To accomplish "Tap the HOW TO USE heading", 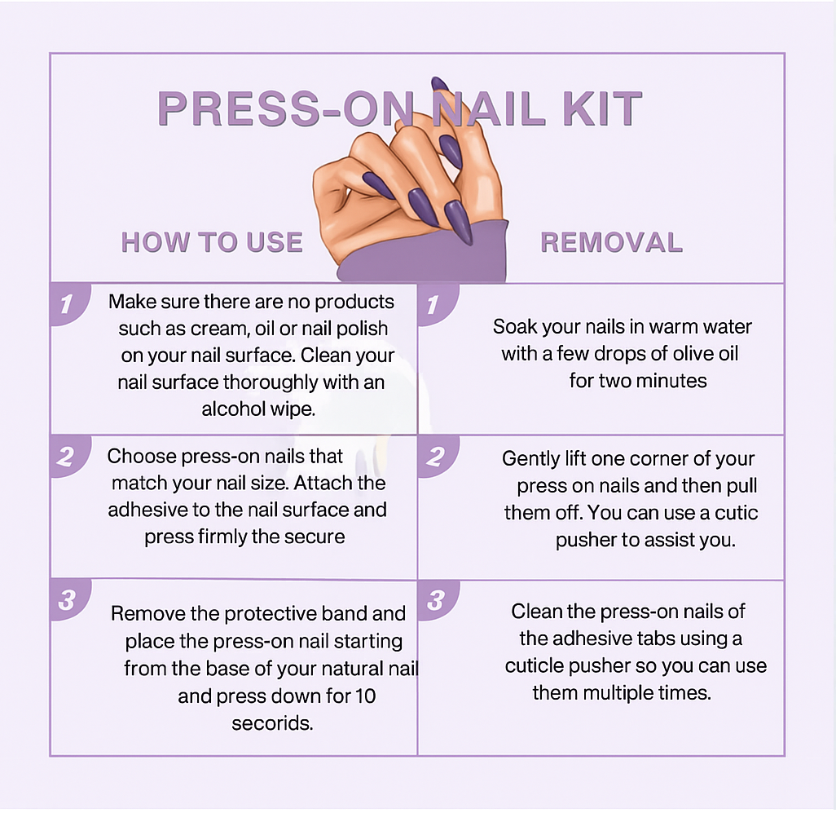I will click(212, 242).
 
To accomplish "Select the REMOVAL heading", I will click(611, 242).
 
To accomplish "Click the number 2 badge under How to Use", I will click(68, 456).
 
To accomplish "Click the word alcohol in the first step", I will click(233, 409).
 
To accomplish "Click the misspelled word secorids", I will click(272, 723).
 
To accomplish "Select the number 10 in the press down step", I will click(364, 696).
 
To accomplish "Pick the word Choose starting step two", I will click(140, 456).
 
